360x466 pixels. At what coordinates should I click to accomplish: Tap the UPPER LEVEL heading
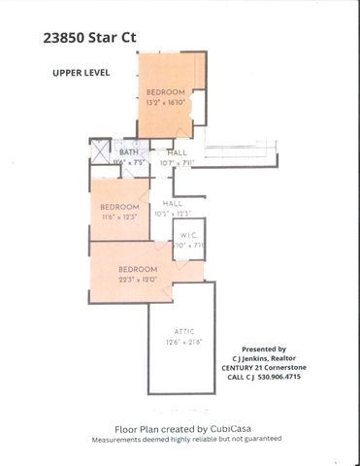pos(82,73)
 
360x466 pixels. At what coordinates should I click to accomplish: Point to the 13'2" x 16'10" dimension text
pos(166,103)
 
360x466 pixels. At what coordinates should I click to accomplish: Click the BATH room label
pos(128,152)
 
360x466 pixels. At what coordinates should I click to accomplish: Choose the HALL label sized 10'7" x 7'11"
pos(178,152)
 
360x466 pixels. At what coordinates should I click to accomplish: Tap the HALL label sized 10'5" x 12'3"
pos(173,203)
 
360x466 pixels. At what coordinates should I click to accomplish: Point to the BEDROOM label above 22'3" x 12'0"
pos(137,269)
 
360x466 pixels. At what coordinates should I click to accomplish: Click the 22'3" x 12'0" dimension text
pos(137,278)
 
